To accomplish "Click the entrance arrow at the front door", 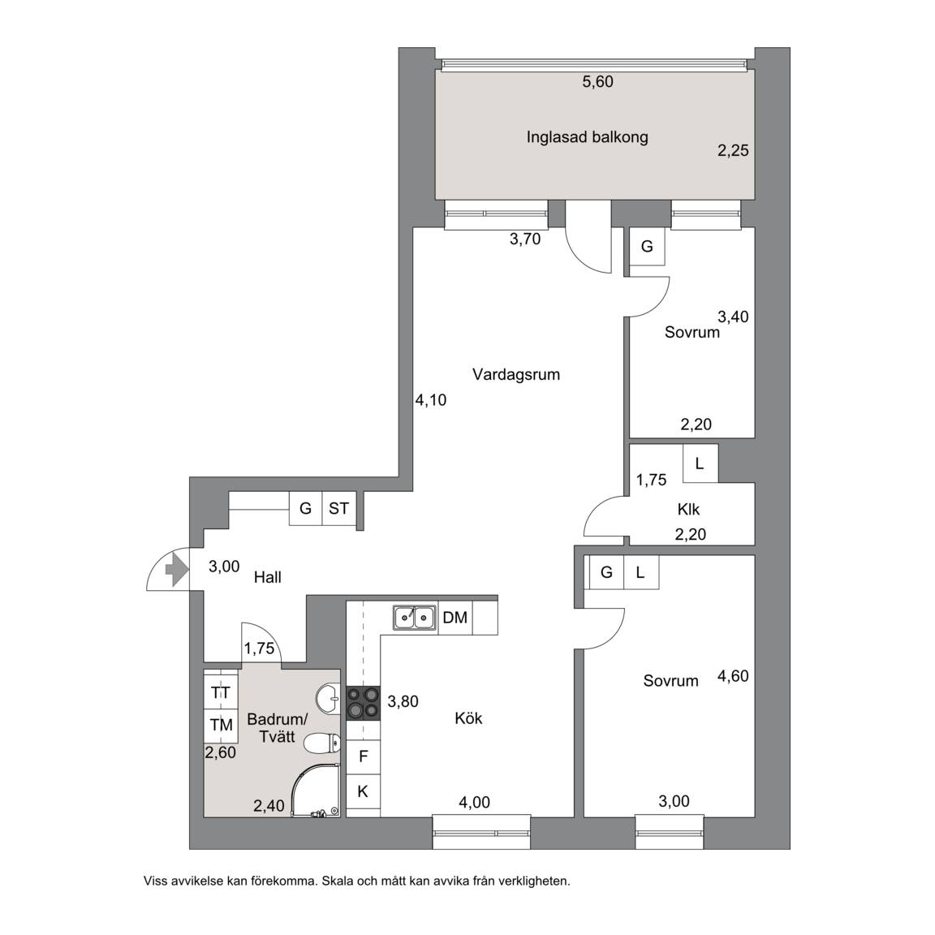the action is point(175,570).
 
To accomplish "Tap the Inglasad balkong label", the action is point(587,137).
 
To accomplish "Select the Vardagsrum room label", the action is point(516,374).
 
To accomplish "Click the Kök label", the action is point(468,718).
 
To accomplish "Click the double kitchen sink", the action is point(415,617).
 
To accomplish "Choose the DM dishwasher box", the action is point(455,618).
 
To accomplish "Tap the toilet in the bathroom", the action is point(322,743).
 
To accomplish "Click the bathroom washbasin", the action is point(328,698).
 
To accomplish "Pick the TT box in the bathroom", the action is point(221,692).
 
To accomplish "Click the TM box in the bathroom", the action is point(221,725).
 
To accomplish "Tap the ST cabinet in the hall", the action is point(338,508).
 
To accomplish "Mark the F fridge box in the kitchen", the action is point(363,756).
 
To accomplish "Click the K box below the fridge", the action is point(363,791).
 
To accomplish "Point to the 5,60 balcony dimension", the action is point(597,82).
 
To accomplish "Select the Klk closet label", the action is point(688,510).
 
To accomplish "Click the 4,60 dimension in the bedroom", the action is point(733,676).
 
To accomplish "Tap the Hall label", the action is point(267,577).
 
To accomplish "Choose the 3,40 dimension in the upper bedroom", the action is point(733,317).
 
